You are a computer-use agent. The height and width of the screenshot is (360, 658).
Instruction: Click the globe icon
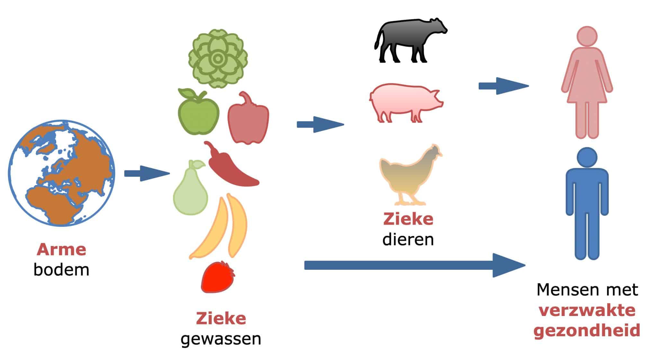[x=61, y=173]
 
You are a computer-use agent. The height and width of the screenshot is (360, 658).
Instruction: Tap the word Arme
[x=61, y=250]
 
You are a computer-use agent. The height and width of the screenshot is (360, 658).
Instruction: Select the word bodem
[x=61, y=270]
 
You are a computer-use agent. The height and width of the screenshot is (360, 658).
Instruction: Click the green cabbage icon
[x=218, y=58]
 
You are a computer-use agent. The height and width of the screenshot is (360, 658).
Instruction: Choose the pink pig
[x=405, y=103]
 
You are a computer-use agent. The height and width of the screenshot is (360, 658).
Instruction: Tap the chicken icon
[x=409, y=177]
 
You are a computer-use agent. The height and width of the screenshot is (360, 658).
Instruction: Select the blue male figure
[x=587, y=202]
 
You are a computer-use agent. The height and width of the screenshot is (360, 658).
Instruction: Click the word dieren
[x=408, y=240]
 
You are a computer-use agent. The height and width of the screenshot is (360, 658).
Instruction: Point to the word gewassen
[x=221, y=339]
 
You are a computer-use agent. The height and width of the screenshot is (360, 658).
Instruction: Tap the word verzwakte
[x=587, y=310]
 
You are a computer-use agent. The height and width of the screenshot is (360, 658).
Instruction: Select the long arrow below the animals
[x=414, y=265]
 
